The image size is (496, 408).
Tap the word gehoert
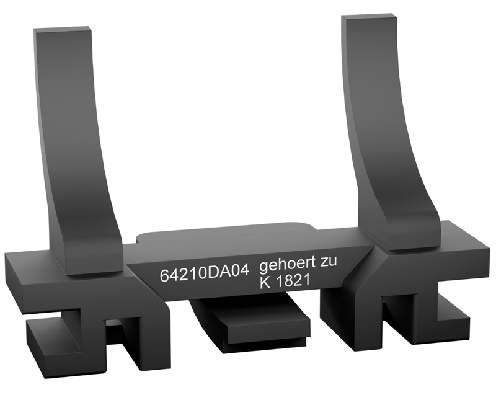[287, 263]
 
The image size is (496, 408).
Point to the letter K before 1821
[265, 282]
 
